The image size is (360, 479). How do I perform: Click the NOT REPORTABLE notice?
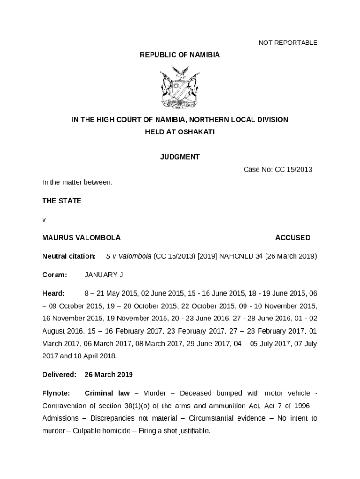[288, 43]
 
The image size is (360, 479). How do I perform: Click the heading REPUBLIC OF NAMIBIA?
[180, 55]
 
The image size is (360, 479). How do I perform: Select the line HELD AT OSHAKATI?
[180, 132]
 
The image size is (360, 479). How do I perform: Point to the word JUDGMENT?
[180, 157]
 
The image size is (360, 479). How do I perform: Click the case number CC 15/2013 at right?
[293, 169]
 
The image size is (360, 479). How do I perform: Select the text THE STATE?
[62, 201]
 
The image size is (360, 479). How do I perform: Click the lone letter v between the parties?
[44, 219]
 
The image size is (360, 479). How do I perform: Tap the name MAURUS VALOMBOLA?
[81, 237]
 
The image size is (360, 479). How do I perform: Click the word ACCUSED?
[293, 237]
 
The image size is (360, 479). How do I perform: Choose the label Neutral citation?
[69, 256]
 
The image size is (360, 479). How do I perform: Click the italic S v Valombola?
[129, 256]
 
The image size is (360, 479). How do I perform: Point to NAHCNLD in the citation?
[235, 256]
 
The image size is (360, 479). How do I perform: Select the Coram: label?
[55, 275]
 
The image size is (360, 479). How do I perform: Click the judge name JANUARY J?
[104, 275]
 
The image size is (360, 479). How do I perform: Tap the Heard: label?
[53, 293]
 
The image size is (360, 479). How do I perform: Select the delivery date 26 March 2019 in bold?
[108, 374]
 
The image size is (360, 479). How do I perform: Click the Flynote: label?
[56, 393]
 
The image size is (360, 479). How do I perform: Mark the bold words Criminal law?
[107, 393]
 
